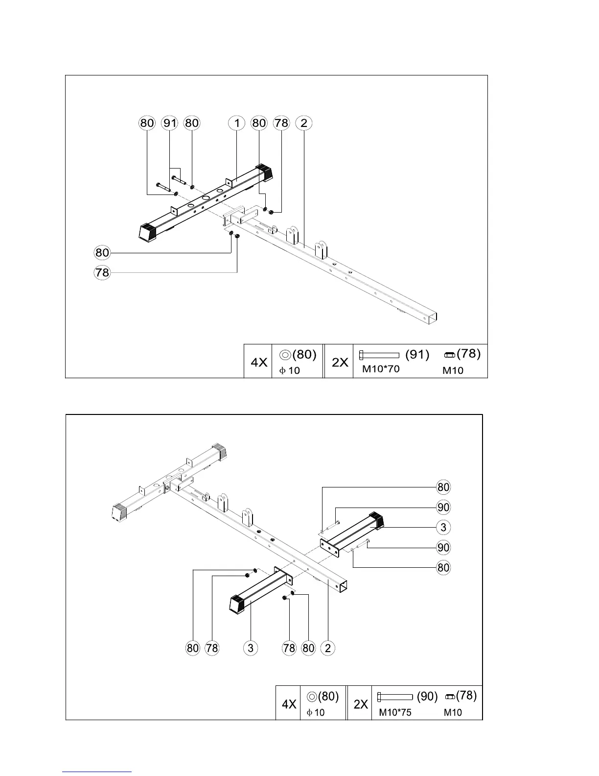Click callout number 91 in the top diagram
(x=169, y=122)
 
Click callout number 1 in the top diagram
(x=237, y=122)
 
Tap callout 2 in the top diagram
(x=304, y=122)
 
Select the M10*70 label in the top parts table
(x=380, y=369)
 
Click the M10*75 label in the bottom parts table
(x=395, y=712)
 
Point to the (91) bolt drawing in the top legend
(x=379, y=355)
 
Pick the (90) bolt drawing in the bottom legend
(x=395, y=697)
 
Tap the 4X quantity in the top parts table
(x=259, y=363)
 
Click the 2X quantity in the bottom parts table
(x=361, y=704)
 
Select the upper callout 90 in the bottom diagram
(x=443, y=507)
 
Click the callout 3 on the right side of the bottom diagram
(x=443, y=527)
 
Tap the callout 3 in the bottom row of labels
(x=250, y=648)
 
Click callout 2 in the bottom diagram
(x=327, y=648)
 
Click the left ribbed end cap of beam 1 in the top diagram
(x=147, y=232)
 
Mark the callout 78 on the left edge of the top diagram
(x=102, y=272)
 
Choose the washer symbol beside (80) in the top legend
(x=286, y=354)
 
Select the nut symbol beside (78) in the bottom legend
(x=450, y=697)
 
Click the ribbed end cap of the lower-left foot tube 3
(x=238, y=604)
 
